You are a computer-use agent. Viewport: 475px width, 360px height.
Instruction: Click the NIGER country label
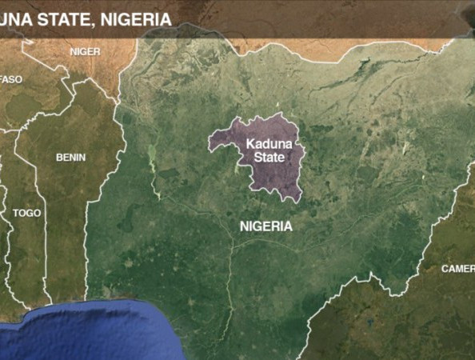(x=85, y=51)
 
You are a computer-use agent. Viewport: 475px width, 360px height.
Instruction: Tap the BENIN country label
(x=70, y=158)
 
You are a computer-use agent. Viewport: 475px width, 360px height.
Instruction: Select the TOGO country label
(x=26, y=214)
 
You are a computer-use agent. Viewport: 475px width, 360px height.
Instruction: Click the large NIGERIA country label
(x=266, y=226)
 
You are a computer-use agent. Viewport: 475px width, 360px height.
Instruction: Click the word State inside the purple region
(x=269, y=158)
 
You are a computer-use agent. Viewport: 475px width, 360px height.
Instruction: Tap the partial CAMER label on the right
(x=457, y=269)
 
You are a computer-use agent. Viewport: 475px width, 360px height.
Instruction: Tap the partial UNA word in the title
(x=17, y=17)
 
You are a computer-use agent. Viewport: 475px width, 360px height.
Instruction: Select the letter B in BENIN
(x=58, y=158)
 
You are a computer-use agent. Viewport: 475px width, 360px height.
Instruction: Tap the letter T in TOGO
(x=16, y=214)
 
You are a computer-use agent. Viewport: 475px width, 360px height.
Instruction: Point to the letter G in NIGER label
(x=84, y=51)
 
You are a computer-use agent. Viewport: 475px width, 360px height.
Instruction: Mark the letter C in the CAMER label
(x=445, y=269)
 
